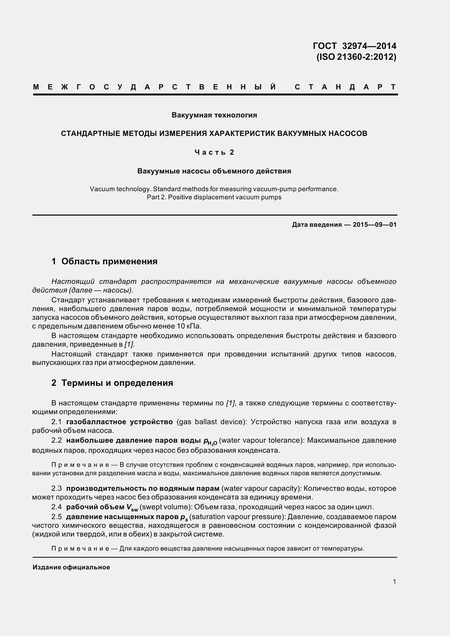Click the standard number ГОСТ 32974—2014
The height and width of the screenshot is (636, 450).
coord(354,46)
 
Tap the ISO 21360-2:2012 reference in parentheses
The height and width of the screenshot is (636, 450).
coord(356,57)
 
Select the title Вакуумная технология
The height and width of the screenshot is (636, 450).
coord(214,115)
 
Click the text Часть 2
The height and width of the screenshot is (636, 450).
coord(214,152)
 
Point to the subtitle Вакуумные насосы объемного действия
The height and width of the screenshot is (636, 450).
coord(214,171)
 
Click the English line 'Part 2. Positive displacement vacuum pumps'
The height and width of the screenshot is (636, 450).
coord(214,197)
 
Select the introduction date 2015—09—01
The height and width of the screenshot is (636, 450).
coord(375,225)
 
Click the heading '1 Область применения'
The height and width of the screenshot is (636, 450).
coord(104,261)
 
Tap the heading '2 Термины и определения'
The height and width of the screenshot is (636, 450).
coord(112,383)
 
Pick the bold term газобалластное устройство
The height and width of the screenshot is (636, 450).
coord(120,422)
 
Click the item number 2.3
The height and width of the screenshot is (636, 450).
coord(56,488)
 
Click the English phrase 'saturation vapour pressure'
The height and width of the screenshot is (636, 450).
coord(237,517)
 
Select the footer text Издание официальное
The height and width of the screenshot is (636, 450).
coord(71,567)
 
